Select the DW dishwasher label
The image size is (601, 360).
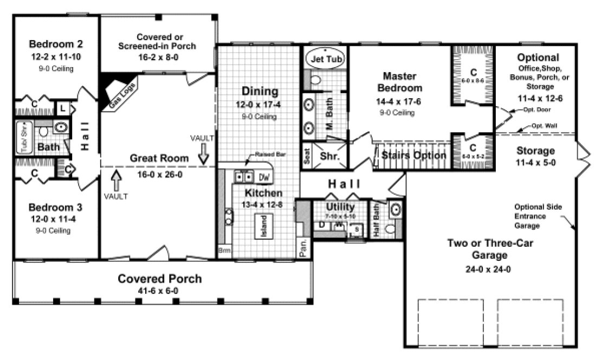264,177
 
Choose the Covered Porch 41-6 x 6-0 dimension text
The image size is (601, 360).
160,291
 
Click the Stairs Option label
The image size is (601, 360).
413,156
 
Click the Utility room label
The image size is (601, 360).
340,207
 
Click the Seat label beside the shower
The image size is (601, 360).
307,156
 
